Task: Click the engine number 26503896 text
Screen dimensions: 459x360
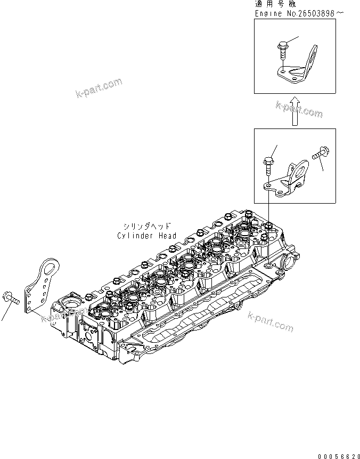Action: tap(308, 13)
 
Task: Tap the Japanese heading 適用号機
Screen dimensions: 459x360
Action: tap(275, 4)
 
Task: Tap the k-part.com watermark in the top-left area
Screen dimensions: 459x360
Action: tap(99, 88)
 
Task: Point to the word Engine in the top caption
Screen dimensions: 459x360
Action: tap(267, 13)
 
